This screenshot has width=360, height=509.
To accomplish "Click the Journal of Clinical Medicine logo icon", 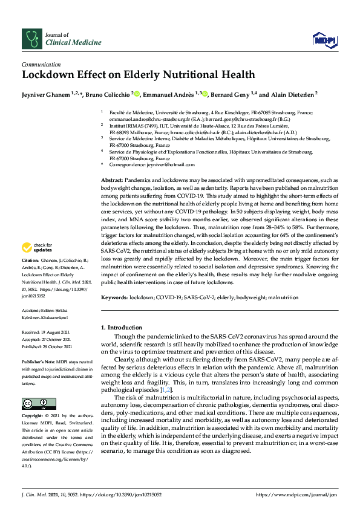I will (x=32, y=39).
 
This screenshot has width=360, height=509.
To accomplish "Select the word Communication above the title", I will (x=41, y=65).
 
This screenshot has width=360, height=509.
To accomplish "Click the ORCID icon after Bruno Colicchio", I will (x=137, y=94).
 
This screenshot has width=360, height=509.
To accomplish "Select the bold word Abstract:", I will (x=111, y=181).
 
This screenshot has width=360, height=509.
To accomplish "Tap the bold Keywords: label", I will (x=114, y=297).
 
